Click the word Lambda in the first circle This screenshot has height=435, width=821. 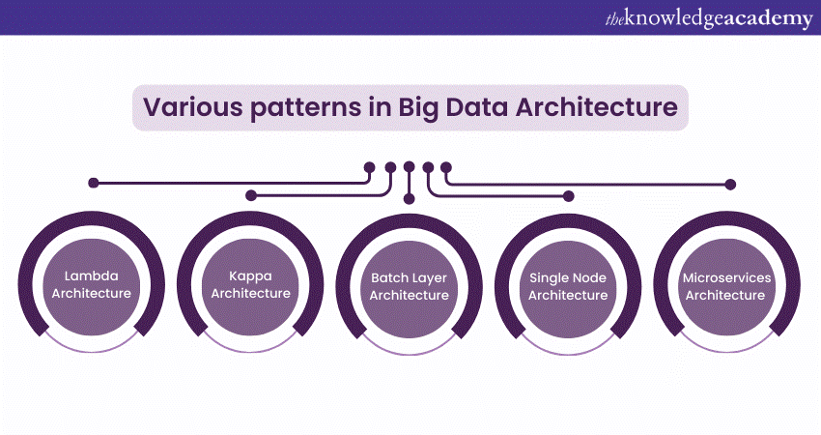pos(91,275)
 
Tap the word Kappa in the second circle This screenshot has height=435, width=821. pos(250,276)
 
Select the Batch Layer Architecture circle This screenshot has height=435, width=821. pos(409,286)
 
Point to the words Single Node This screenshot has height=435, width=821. pos(568,278)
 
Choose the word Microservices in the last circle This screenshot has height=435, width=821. pos(726,277)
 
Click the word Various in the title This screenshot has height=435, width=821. pos(193,107)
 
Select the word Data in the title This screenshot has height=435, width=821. pos(476,107)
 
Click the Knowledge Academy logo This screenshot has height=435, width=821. pos(709,18)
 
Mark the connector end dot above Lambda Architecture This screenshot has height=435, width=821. pos(94,183)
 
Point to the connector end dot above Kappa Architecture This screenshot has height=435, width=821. pos(251,195)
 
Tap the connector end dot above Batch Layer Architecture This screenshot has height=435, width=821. pos(410,198)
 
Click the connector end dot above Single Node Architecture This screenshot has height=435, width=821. pos(569,196)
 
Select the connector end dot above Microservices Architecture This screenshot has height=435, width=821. pos(730,184)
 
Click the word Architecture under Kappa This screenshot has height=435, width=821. pos(250,293)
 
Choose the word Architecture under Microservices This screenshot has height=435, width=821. pos(725,295)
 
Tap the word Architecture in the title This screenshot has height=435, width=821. pos(596,107)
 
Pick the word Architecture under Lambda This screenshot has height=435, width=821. pos(91,293)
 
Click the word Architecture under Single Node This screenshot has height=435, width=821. pos(568,295)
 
